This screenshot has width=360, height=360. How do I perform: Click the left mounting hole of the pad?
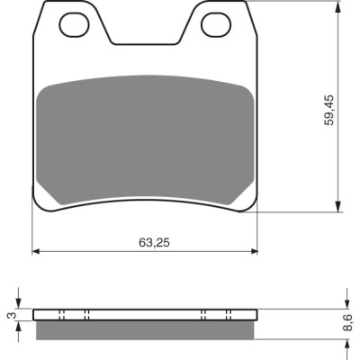(75, 24)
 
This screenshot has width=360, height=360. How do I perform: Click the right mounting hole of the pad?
(216, 24)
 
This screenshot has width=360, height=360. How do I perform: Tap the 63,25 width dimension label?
(154, 242)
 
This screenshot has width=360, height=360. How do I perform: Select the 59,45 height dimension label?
(329, 110)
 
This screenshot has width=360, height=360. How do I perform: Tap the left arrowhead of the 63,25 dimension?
(36, 251)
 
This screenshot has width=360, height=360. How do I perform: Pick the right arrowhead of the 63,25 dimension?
(254, 251)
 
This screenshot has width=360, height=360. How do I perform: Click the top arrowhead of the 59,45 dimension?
(338, 6)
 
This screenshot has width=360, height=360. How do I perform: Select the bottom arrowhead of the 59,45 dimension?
(338, 207)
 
